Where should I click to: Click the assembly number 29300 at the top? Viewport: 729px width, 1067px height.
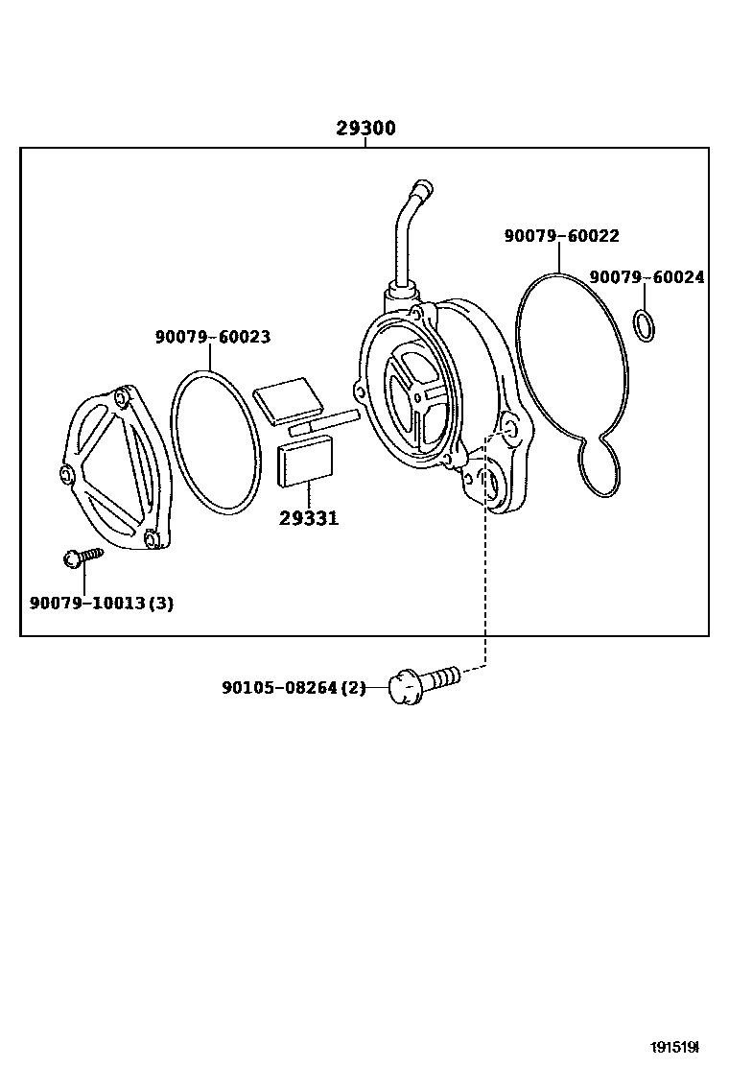(x=365, y=129)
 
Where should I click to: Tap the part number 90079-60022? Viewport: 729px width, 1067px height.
(x=561, y=236)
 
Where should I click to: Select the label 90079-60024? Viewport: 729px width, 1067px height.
(x=647, y=277)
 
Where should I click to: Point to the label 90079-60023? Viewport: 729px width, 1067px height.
(x=212, y=337)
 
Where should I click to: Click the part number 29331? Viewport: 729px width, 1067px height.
(x=309, y=519)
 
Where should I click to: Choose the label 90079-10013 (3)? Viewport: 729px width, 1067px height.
(x=101, y=604)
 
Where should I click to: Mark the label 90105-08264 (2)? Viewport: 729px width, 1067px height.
(x=294, y=688)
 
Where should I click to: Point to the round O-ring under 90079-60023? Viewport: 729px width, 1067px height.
(x=216, y=442)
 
